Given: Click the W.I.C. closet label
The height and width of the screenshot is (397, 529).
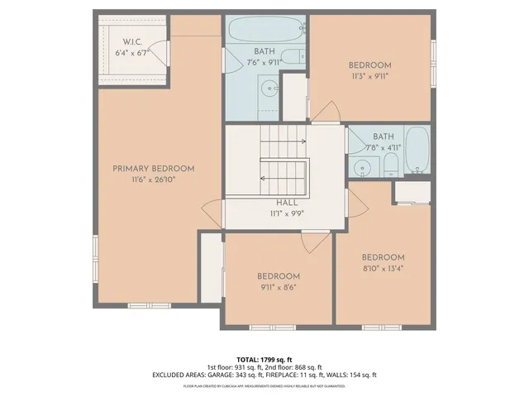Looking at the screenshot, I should click(134, 41).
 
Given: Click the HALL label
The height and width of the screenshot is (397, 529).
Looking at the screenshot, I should click(287, 201).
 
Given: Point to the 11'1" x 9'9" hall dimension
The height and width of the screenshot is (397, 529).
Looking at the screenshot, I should click(287, 212).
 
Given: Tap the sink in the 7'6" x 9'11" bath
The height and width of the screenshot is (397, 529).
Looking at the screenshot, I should click(269, 87).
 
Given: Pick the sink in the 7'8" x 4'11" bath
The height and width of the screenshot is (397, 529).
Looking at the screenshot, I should click(362, 169).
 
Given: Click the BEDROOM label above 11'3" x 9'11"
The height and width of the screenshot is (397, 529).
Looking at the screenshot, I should click(369, 65).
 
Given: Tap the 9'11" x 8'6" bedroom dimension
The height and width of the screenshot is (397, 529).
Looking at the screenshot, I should click(278, 287).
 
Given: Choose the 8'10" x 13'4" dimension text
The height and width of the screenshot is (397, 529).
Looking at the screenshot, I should click(383, 268).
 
